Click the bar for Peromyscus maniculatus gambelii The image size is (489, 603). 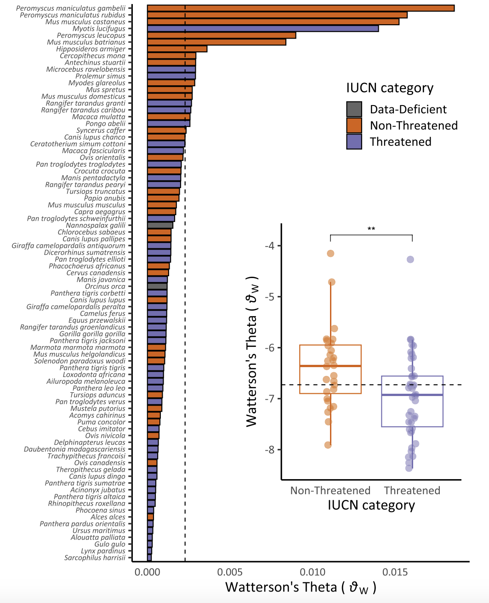pyautogui.click(x=301, y=8)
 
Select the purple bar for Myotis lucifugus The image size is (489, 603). pyautogui.click(x=263, y=28)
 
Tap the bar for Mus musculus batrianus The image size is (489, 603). pyautogui.click(x=216, y=42)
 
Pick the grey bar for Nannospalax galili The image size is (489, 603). pyautogui.click(x=160, y=225)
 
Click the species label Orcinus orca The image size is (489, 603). pyautogui.click(x=105, y=286)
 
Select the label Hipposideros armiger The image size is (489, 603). pyautogui.click(x=91, y=49)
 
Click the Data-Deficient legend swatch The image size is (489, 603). pyautogui.click(x=354, y=109)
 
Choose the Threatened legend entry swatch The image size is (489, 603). pyautogui.click(x=354, y=142)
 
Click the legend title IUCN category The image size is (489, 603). pyautogui.click(x=390, y=88)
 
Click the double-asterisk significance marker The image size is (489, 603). pyautogui.click(x=371, y=229)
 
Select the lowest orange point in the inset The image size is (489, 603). pyautogui.click(x=328, y=445)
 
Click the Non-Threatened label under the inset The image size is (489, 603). pyautogui.click(x=330, y=491)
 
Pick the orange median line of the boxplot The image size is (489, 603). pyautogui.click(x=330, y=366)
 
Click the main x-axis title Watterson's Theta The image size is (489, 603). pyautogui.click(x=300, y=587)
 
